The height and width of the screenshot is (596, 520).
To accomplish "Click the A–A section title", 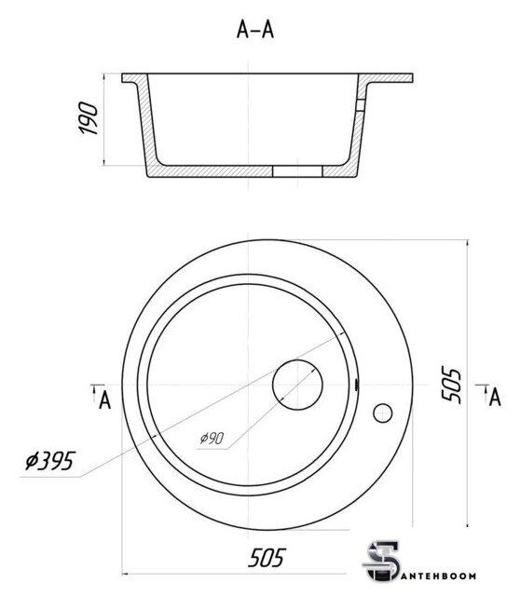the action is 254,30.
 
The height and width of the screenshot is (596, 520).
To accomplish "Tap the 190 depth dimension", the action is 89,118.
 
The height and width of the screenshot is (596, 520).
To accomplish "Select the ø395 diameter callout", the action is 50,461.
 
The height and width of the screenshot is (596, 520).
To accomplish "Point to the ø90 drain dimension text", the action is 212,439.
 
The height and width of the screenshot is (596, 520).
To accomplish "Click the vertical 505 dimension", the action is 452,385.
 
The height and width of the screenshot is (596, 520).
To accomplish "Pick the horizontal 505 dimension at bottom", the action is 267,558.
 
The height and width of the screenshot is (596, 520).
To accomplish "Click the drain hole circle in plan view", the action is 297,385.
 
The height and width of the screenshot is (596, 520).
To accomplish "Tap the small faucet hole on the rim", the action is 383,413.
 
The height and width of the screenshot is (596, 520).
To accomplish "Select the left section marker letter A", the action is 104,400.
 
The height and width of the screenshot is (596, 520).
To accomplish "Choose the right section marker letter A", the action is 495,398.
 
